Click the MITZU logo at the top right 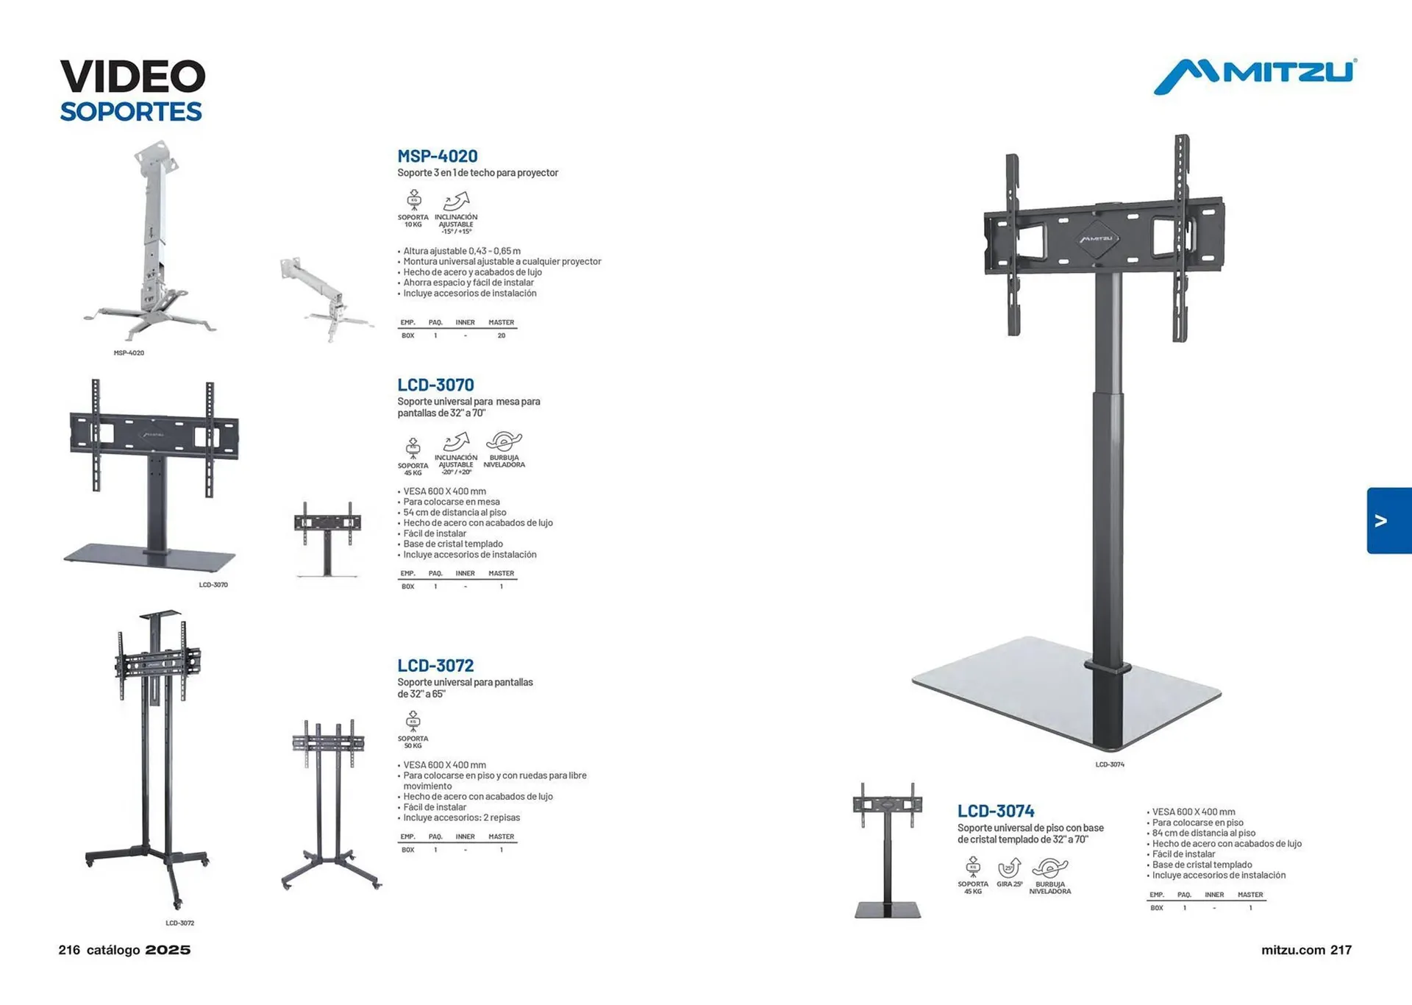pos(1255,76)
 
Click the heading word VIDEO pos(132,77)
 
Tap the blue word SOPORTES pos(131,112)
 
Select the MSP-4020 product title pos(438,156)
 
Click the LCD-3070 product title pos(435,385)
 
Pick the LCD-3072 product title pos(435,666)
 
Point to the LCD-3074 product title pos(996,811)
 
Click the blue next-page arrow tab pos(1388,521)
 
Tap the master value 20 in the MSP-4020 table pos(502,335)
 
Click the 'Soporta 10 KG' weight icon pos(413,209)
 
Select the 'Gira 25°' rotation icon pos(1010,873)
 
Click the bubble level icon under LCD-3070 pos(504,450)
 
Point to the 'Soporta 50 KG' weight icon pos(413,730)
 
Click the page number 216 pos(69,950)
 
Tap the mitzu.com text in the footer pos(1293,950)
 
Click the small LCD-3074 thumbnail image pos(888,850)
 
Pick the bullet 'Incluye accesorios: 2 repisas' pos(461,817)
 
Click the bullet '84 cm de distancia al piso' pos(1203,833)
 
